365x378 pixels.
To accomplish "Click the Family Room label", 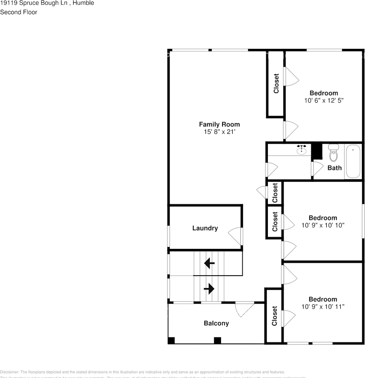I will click(219, 124).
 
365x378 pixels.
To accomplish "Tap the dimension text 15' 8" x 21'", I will click(219, 132).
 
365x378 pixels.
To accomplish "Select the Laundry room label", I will click(205, 228).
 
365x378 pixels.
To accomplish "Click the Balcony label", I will click(216, 323).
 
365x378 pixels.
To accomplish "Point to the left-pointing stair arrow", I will click(209, 263).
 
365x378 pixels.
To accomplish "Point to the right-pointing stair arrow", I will click(209, 289).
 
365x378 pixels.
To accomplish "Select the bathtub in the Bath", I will click(354, 161).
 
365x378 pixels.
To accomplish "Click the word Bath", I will click(335, 168).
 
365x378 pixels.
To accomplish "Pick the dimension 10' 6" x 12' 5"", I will click(324, 100).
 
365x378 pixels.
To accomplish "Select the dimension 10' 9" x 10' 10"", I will click(323, 226).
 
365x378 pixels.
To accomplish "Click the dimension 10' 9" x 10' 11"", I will click(323, 307).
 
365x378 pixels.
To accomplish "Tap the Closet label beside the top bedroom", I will click(276, 83).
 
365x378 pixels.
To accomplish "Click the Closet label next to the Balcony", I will click(274, 316).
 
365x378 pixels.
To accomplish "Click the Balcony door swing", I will click(245, 309).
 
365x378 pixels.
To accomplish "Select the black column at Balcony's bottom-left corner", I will click(171, 341).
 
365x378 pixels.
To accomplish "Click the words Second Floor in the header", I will click(18, 12).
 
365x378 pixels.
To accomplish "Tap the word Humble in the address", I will click(84, 3).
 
